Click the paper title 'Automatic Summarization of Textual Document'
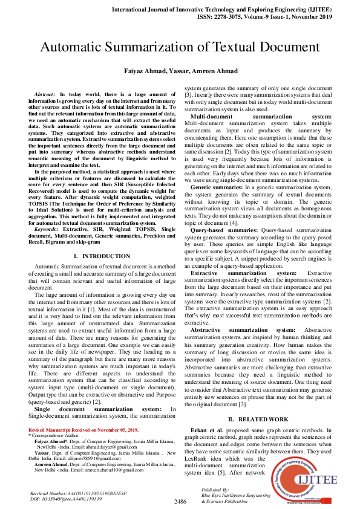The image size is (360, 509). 180,47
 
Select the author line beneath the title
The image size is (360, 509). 180,72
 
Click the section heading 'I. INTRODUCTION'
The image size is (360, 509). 102,257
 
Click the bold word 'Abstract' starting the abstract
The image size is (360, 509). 45,96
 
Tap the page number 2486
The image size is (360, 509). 180,501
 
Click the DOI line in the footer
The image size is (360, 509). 66,500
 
